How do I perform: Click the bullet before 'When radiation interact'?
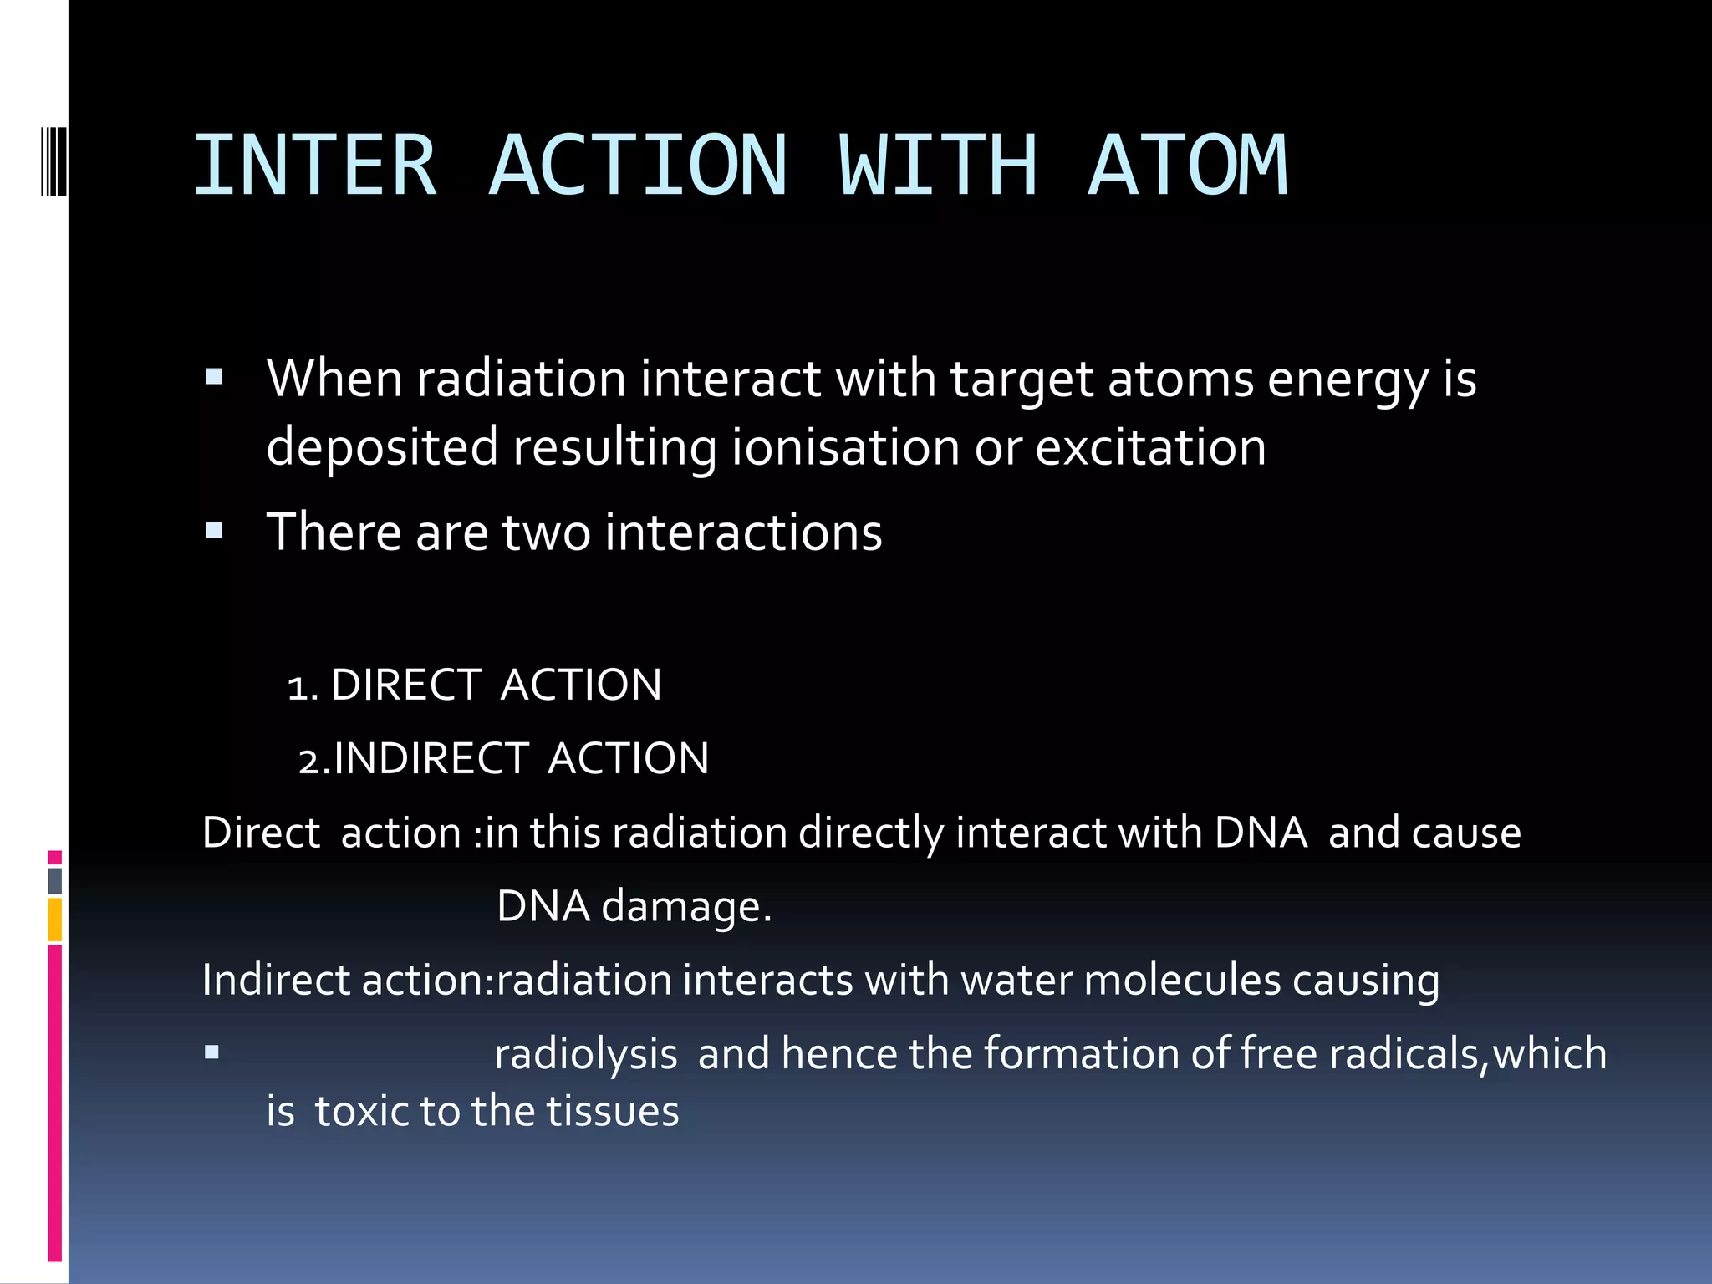(214, 377)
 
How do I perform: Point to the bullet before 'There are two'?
(214, 531)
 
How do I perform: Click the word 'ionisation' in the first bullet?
(845, 446)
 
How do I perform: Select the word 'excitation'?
(1150, 446)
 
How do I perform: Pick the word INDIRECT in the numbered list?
(431, 759)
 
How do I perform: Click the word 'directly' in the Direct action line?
(870, 833)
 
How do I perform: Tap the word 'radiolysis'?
(585, 1053)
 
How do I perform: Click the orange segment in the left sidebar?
(55, 920)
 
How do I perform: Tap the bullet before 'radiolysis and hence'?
(212, 1052)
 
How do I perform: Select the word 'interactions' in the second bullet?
(743, 532)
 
